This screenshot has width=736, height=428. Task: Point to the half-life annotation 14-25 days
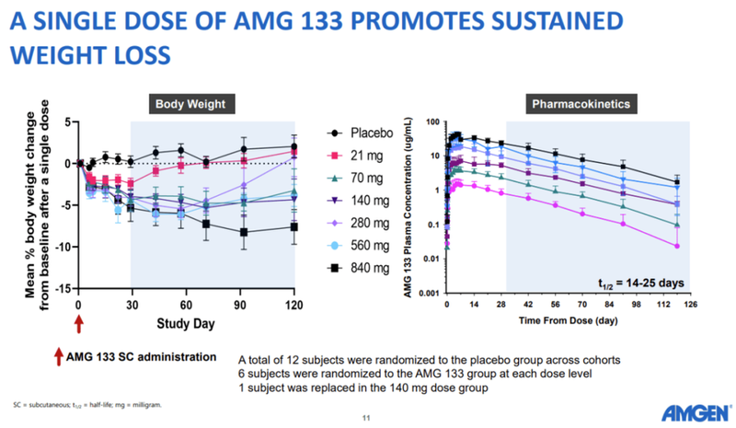(634, 282)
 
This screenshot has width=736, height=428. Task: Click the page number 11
(368, 419)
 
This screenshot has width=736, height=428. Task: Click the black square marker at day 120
(294, 226)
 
